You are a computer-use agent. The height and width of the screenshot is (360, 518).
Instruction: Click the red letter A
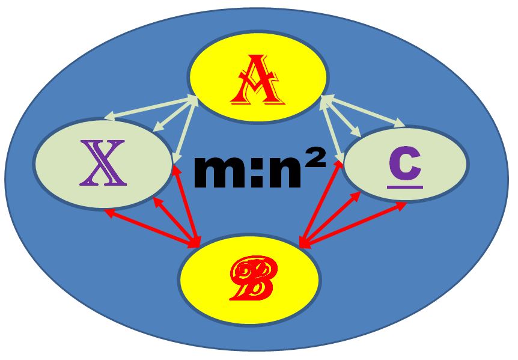[257, 79]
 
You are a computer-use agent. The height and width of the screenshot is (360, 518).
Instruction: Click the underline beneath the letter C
[405, 186]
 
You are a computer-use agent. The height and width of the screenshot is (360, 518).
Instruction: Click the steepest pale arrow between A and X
[184, 130]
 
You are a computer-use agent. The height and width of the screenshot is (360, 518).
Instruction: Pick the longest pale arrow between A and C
[364, 111]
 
